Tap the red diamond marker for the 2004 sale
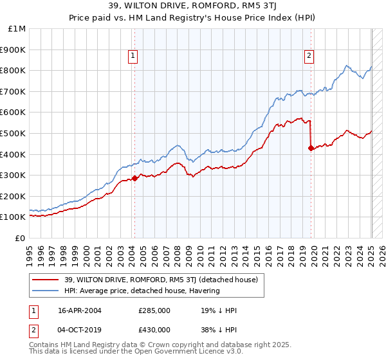click(134, 178)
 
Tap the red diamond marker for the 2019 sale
click(311, 148)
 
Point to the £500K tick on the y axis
click(14, 133)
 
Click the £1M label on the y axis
click(17, 28)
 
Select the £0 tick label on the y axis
click(21, 238)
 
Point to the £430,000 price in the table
click(154, 330)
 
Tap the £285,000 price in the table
click(154, 310)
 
